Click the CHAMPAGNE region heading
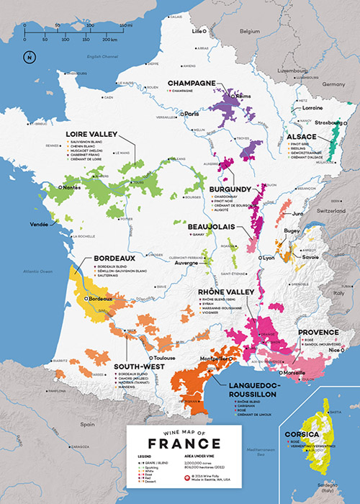click(192, 84)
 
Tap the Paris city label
click(192, 114)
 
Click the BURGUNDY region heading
click(230, 189)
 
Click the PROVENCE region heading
click(318, 333)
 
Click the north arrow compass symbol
click(28, 58)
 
